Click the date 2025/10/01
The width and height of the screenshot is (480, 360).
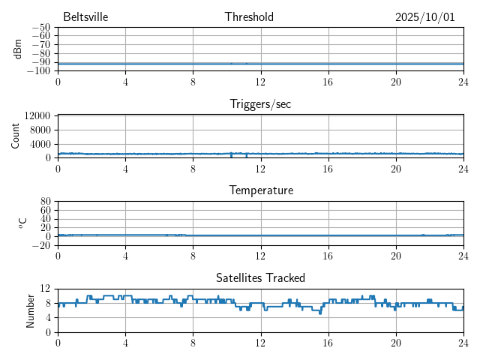[425, 17]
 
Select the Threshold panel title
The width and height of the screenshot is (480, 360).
[249, 17]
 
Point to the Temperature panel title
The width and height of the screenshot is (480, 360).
[260, 190]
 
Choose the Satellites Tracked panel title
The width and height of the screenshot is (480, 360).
[260, 277]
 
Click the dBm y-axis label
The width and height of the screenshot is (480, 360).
[17, 49]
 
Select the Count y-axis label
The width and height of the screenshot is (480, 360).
[16, 136]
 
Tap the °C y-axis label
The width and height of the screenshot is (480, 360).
[22, 223]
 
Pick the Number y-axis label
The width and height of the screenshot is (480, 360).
[30, 310]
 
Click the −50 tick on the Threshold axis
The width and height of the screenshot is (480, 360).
[41, 27]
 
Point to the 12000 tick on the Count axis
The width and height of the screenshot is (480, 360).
[37, 115]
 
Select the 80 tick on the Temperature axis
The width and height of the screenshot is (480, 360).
[46, 201]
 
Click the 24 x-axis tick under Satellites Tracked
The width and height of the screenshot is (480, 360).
[463, 342]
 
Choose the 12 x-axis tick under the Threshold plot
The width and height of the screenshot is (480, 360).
[260, 81]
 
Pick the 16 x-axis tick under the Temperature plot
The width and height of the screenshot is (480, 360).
[328, 255]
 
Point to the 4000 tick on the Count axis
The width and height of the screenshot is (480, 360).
[40, 143]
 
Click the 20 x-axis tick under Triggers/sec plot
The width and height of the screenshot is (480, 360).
[395, 168]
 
